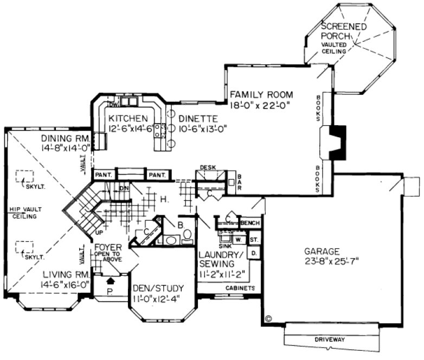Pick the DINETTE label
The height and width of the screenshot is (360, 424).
pyautogui.click(x=198, y=118)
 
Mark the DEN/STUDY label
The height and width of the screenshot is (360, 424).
pyautogui.click(x=158, y=288)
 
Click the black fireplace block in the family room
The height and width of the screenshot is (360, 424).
pyautogui.click(x=337, y=142)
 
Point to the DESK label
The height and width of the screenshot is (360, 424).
pyautogui.click(x=208, y=168)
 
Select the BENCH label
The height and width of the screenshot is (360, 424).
pyautogui.click(x=250, y=223)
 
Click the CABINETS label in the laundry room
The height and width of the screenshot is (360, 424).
pyautogui.click(x=240, y=288)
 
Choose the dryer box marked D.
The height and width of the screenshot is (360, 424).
pyautogui.click(x=252, y=253)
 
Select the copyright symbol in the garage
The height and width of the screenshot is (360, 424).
pyautogui.click(x=268, y=318)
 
